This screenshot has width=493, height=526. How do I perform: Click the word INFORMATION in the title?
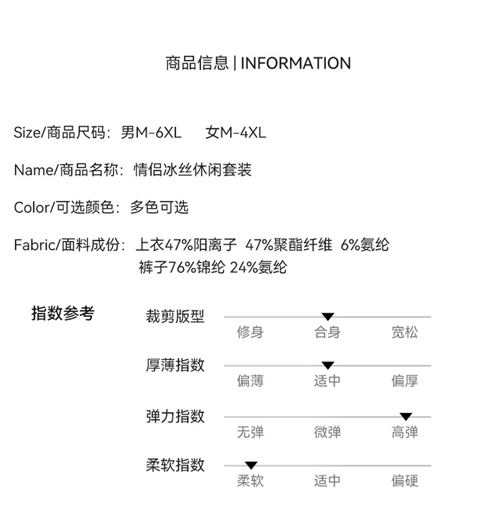[296, 63]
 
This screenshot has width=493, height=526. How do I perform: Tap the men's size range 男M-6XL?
[151, 132]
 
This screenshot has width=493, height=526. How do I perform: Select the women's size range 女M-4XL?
[235, 132]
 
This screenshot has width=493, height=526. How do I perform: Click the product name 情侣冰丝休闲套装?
[193, 170]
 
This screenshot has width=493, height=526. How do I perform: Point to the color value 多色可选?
[159, 207]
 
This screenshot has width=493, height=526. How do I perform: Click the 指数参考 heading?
[63, 313]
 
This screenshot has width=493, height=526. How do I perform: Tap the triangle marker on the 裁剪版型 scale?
[328, 317]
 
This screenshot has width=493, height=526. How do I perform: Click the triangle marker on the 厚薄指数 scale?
[328, 365]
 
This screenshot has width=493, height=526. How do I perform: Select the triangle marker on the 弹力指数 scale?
[406, 417]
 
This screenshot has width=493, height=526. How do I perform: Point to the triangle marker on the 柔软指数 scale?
[250, 465]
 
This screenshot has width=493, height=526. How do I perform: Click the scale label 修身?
[250, 332]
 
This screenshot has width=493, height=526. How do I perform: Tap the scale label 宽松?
[404, 332]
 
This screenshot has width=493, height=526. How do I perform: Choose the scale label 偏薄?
[250, 381]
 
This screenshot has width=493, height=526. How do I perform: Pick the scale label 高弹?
[404, 433]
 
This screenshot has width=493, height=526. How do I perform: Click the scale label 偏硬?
[404, 481]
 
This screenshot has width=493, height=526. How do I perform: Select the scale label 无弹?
[250, 433]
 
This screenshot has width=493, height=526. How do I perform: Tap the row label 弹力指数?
[175, 416]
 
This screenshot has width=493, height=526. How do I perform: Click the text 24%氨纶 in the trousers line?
[258, 268]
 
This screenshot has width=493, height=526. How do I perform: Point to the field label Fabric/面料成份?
[69, 245]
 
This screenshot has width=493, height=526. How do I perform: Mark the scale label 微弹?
[327, 433]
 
